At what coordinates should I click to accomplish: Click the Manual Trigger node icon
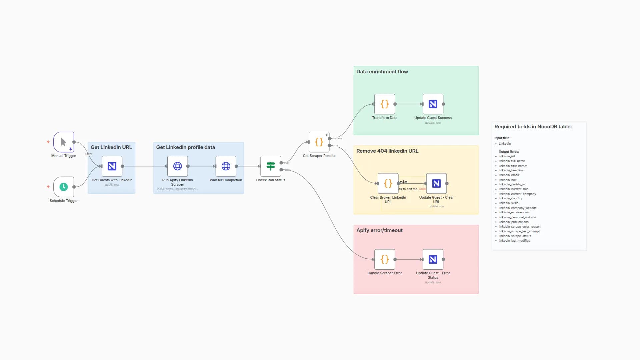pyautogui.click(x=63, y=142)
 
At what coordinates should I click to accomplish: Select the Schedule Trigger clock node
pyautogui.click(x=63, y=187)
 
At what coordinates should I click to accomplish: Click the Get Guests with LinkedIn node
pyautogui.click(x=112, y=166)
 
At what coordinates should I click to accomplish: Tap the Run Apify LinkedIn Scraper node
pyautogui.click(x=177, y=166)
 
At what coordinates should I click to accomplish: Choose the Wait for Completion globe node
pyautogui.click(x=226, y=166)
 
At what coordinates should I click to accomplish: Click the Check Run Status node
pyautogui.click(x=270, y=166)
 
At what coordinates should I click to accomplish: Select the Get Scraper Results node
pyautogui.click(x=319, y=142)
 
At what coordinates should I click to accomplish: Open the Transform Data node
pyautogui.click(x=384, y=104)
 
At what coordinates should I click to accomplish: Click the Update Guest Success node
pyautogui.click(x=433, y=104)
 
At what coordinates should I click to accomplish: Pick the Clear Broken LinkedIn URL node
pyautogui.click(x=388, y=183)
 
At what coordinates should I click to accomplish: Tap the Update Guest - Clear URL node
pyautogui.click(x=436, y=183)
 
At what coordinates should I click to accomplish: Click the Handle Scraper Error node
pyautogui.click(x=384, y=259)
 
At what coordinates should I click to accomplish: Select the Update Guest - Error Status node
pyautogui.click(x=433, y=259)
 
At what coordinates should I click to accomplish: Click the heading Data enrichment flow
pyautogui.click(x=382, y=72)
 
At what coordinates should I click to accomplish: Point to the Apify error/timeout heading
pyautogui.click(x=379, y=230)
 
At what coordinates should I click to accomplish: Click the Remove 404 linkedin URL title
pyautogui.click(x=387, y=151)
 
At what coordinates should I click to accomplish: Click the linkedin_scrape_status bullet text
pyautogui.click(x=514, y=236)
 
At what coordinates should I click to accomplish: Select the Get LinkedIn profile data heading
pyautogui.click(x=185, y=147)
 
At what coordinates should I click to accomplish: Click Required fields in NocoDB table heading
pyautogui.click(x=533, y=127)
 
